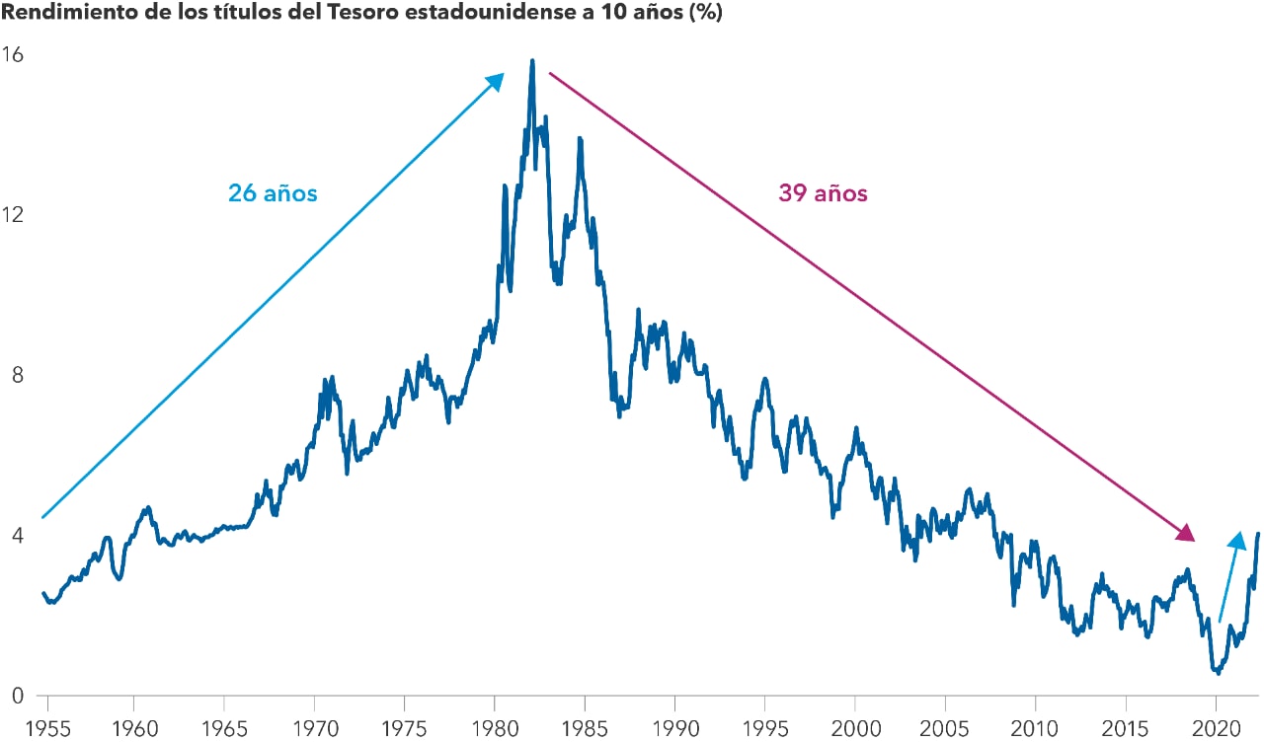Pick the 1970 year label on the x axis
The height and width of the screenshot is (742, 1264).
pyautogui.click(x=314, y=728)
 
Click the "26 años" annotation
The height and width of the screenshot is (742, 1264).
pyautogui.click(x=273, y=193)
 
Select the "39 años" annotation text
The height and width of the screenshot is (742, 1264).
pyautogui.click(x=823, y=193)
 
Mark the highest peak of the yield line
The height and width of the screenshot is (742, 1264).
pyautogui.click(x=532, y=61)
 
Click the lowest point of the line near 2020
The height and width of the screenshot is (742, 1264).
pyautogui.click(x=1219, y=673)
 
